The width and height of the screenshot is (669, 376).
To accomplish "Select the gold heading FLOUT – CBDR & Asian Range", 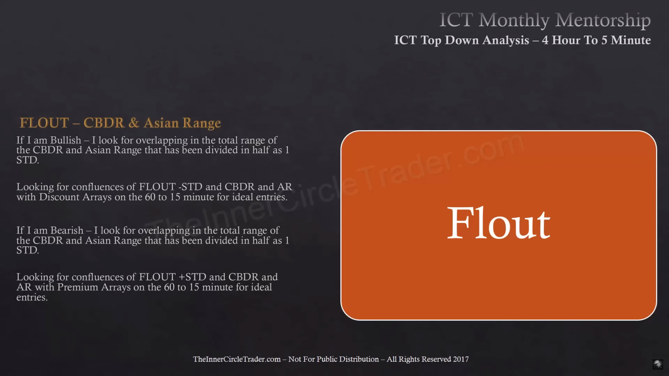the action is [x=120, y=123].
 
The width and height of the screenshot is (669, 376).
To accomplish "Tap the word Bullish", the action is [x=66, y=140].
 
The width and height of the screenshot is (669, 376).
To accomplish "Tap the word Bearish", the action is [x=67, y=230].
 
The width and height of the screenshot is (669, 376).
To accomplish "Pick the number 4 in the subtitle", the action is [x=545, y=40].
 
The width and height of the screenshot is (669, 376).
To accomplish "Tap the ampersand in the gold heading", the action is [x=134, y=123].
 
